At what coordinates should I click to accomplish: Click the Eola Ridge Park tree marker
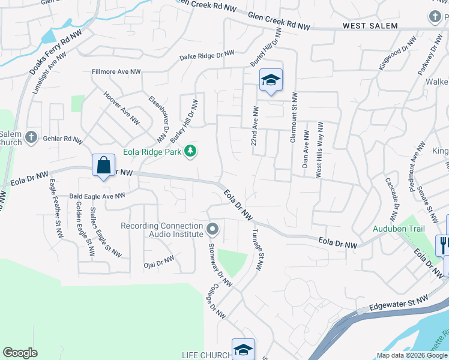pyautogui.click(x=190, y=151)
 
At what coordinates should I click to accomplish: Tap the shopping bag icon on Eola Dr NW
pyautogui.click(x=103, y=164)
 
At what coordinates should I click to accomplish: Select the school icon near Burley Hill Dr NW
pyautogui.click(x=271, y=80)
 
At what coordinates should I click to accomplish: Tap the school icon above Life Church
pyautogui.click(x=243, y=349)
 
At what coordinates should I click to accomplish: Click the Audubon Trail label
pyautogui.click(x=399, y=229)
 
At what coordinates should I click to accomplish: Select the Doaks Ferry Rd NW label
pyautogui.click(x=55, y=53)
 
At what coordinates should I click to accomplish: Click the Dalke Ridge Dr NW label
pyautogui.click(x=207, y=56)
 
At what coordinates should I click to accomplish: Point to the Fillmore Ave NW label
pyautogui.click(x=116, y=71)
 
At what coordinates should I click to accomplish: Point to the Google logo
pyautogui.click(x=20, y=353)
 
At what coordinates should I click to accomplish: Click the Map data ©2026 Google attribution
pyautogui.click(x=411, y=355)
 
